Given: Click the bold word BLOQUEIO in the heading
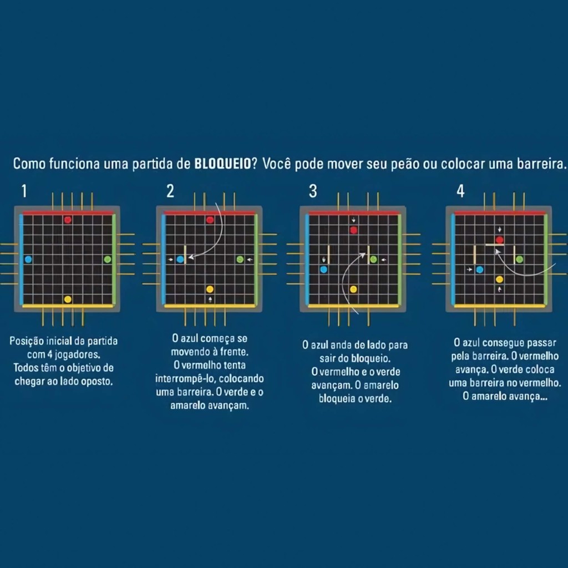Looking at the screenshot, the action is (223, 164).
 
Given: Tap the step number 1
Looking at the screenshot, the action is (24, 191).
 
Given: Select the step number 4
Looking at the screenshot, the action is (460, 191).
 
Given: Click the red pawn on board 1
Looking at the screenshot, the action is (68, 220).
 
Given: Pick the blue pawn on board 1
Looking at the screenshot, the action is (28, 260).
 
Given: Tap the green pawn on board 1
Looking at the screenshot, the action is (108, 260).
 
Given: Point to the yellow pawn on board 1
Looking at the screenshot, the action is (68, 299).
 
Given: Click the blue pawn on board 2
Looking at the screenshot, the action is (180, 260).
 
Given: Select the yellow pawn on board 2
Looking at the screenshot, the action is (210, 289).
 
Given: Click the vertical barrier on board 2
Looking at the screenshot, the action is (185, 255).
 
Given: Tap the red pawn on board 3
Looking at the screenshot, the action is (353, 230).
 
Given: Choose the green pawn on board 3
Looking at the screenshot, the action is (373, 260).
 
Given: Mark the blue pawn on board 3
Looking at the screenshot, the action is (324, 270).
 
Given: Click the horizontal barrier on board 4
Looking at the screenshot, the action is (495, 245).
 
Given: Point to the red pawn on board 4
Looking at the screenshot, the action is (500, 240).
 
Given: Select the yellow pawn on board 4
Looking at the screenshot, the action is (500, 280).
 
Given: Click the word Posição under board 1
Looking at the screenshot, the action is (27, 341).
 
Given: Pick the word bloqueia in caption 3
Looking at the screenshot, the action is (337, 398).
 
